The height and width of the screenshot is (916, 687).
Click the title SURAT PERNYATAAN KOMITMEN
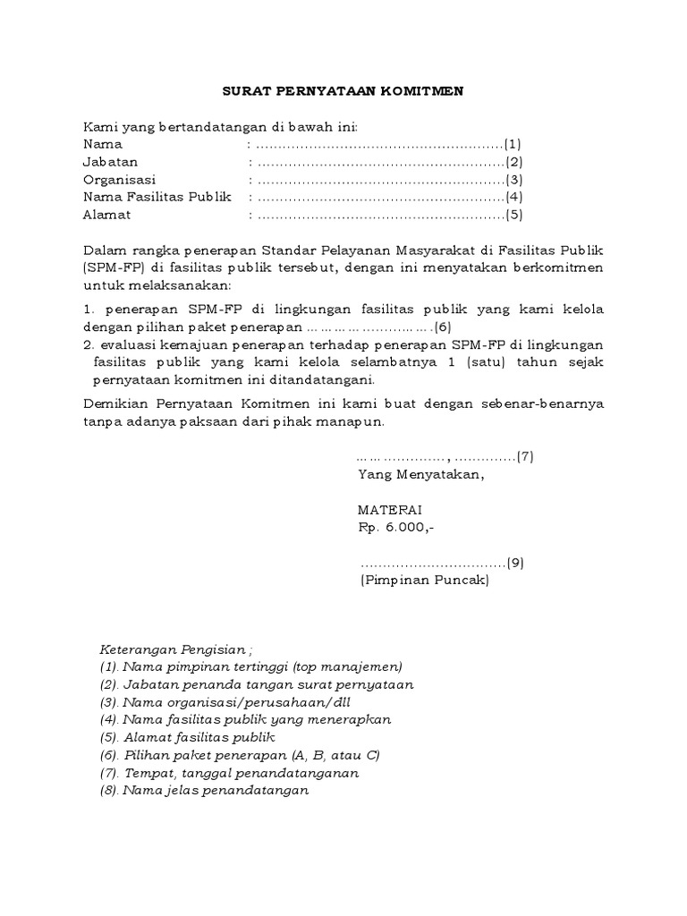(x=343, y=90)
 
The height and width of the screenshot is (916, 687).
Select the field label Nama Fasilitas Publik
(x=157, y=197)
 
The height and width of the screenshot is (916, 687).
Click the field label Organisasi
(x=120, y=179)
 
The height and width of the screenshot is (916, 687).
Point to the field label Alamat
(x=107, y=215)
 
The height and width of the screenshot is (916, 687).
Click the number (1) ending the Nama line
(x=513, y=144)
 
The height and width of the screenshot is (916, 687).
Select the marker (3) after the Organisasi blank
(x=513, y=179)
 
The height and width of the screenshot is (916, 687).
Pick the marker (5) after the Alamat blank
(x=513, y=215)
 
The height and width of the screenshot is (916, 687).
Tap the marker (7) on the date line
(x=525, y=456)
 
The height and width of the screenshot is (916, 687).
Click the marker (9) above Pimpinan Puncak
(x=514, y=563)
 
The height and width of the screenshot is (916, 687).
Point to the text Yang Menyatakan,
(x=420, y=474)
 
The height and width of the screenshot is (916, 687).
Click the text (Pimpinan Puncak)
(x=423, y=580)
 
